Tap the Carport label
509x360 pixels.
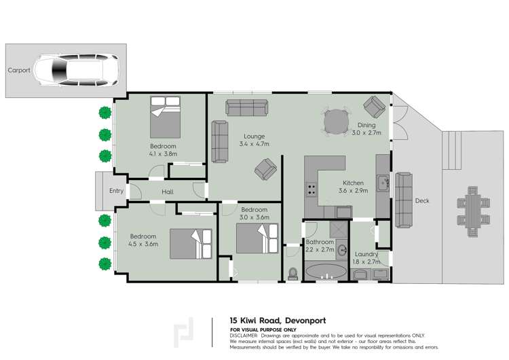[x=19, y=70]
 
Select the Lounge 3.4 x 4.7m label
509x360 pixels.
[x=254, y=140]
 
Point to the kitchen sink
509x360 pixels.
[x=383, y=183]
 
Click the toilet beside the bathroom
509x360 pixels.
[x=293, y=273]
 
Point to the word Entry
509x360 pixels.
[x=117, y=191]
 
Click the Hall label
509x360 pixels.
[x=168, y=192]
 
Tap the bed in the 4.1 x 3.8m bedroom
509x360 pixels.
[x=166, y=117]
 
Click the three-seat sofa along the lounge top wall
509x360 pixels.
[x=248, y=107]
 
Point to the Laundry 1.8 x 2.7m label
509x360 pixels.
[x=366, y=258]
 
